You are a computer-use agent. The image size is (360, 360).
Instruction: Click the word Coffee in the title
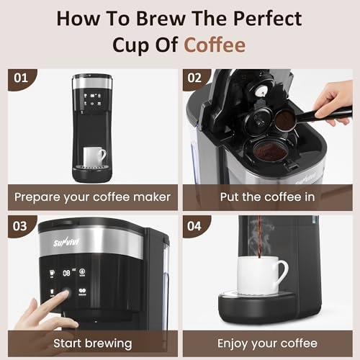point(215,45)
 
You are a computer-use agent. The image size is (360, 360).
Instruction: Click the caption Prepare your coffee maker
point(93,197)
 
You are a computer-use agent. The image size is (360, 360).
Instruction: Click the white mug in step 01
point(94,156)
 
